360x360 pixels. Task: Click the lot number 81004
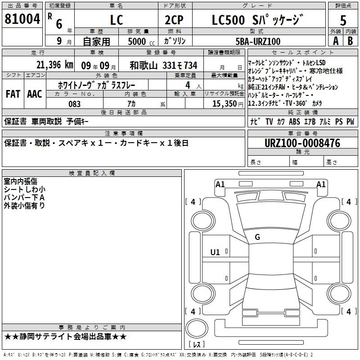(x=22, y=19)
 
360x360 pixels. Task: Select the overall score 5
(x=343, y=20)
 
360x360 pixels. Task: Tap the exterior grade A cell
(x=336, y=41)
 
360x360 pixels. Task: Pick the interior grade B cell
(x=350, y=41)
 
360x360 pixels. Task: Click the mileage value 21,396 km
(x=55, y=65)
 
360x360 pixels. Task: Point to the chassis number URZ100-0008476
(x=302, y=143)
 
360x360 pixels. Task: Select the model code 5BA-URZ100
(x=258, y=41)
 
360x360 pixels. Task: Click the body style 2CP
(x=174, y=20)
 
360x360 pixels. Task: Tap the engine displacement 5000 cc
(x=141, y=41)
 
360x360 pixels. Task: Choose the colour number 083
(x=74, y=104)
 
